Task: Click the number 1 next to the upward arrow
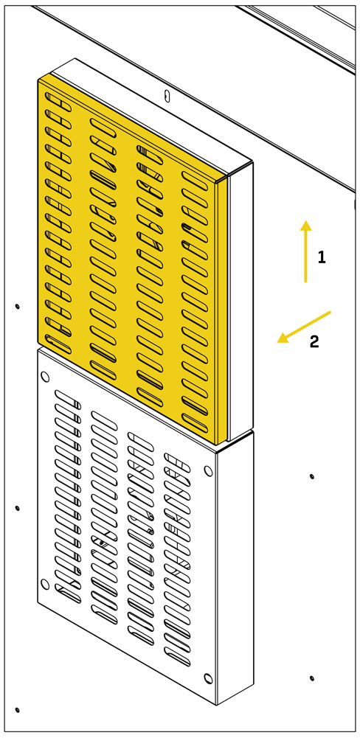[322, 257]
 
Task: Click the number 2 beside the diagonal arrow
[314, 341]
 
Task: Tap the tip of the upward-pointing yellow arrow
[306, 220]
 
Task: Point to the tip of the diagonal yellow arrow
[277, 341]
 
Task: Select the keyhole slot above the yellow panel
[166, 95]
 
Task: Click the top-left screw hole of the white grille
[45, 376]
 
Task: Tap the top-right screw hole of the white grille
[208, 470]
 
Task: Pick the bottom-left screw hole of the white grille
[45, 584]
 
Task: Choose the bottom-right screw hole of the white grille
[208, 678]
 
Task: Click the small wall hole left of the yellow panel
[18, 307]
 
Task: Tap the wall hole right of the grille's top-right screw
[311, 476]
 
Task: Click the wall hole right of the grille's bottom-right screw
[311, 678]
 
